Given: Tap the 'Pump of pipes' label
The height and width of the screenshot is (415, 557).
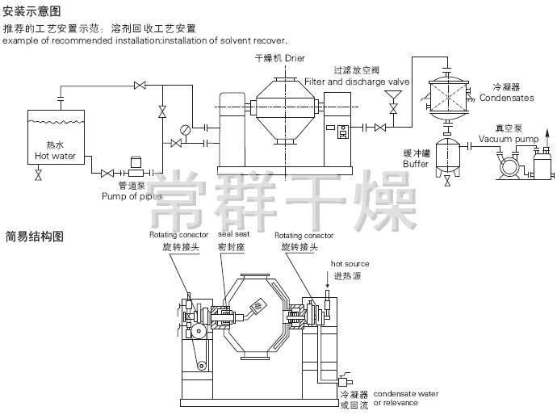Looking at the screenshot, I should pos(127,195).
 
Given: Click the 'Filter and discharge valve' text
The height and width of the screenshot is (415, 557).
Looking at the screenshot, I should pos(357,82).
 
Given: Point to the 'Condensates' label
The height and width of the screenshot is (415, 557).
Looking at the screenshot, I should pos(506,98).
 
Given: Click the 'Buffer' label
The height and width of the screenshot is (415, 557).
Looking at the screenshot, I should pos(417,163).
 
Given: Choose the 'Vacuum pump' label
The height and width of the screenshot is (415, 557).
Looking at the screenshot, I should pos(508,139).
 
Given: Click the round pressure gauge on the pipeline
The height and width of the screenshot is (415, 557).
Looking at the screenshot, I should pos(186,129).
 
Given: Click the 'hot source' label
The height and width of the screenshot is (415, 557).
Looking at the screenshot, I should pos(350,264).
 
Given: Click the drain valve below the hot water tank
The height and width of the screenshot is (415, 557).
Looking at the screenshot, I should pos(38,174).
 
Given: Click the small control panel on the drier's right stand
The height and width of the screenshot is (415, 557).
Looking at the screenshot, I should pos(343,132).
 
